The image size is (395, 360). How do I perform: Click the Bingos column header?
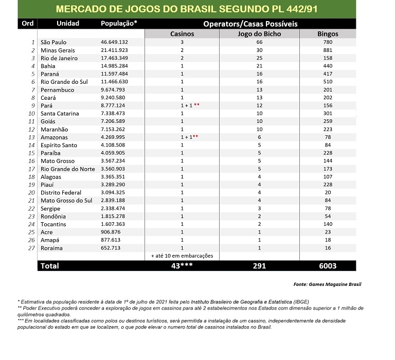click(328, 33)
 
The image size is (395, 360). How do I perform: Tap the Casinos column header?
click(182, 33)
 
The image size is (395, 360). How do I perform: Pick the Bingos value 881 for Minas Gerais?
click(328, 50)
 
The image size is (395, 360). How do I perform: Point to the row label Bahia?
click(49, 66)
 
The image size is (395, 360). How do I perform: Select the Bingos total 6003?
click(328, 265)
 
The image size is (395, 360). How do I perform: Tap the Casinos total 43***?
click(182, 265)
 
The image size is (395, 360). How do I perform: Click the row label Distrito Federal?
click(61, 192)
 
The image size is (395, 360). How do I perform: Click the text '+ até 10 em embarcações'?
click(182, 256)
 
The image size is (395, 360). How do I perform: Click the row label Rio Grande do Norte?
click(68, 169)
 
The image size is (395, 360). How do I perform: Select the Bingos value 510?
click(328, 82)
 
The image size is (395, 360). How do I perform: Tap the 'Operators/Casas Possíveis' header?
click(250, 24)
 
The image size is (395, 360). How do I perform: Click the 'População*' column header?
click(119, 24)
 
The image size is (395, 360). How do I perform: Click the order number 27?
click(31, 248)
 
